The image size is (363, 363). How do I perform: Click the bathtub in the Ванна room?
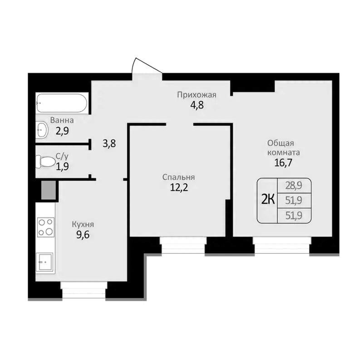[x=62, y=103]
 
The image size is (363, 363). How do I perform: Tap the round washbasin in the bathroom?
[x=41, y=130]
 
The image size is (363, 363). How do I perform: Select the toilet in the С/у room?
[x=45, y=161]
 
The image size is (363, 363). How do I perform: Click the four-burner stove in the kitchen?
[x=45, y=226]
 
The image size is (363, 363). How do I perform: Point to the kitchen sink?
[x=45, y=261]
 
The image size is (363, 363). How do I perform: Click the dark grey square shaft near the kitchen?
[x=48, y=190]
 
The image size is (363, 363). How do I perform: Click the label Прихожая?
[x=196, y=95]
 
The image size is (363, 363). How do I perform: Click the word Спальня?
[x=178, y=177]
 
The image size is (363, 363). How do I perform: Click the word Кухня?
[x=83, y=224]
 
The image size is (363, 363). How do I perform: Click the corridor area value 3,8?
[x=109, y=144]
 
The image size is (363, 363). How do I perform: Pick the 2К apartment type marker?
[x=268, y=200]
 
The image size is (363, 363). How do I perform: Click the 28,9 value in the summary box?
[x=294, y=185]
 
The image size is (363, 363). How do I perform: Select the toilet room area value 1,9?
[x=62, y=166]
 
